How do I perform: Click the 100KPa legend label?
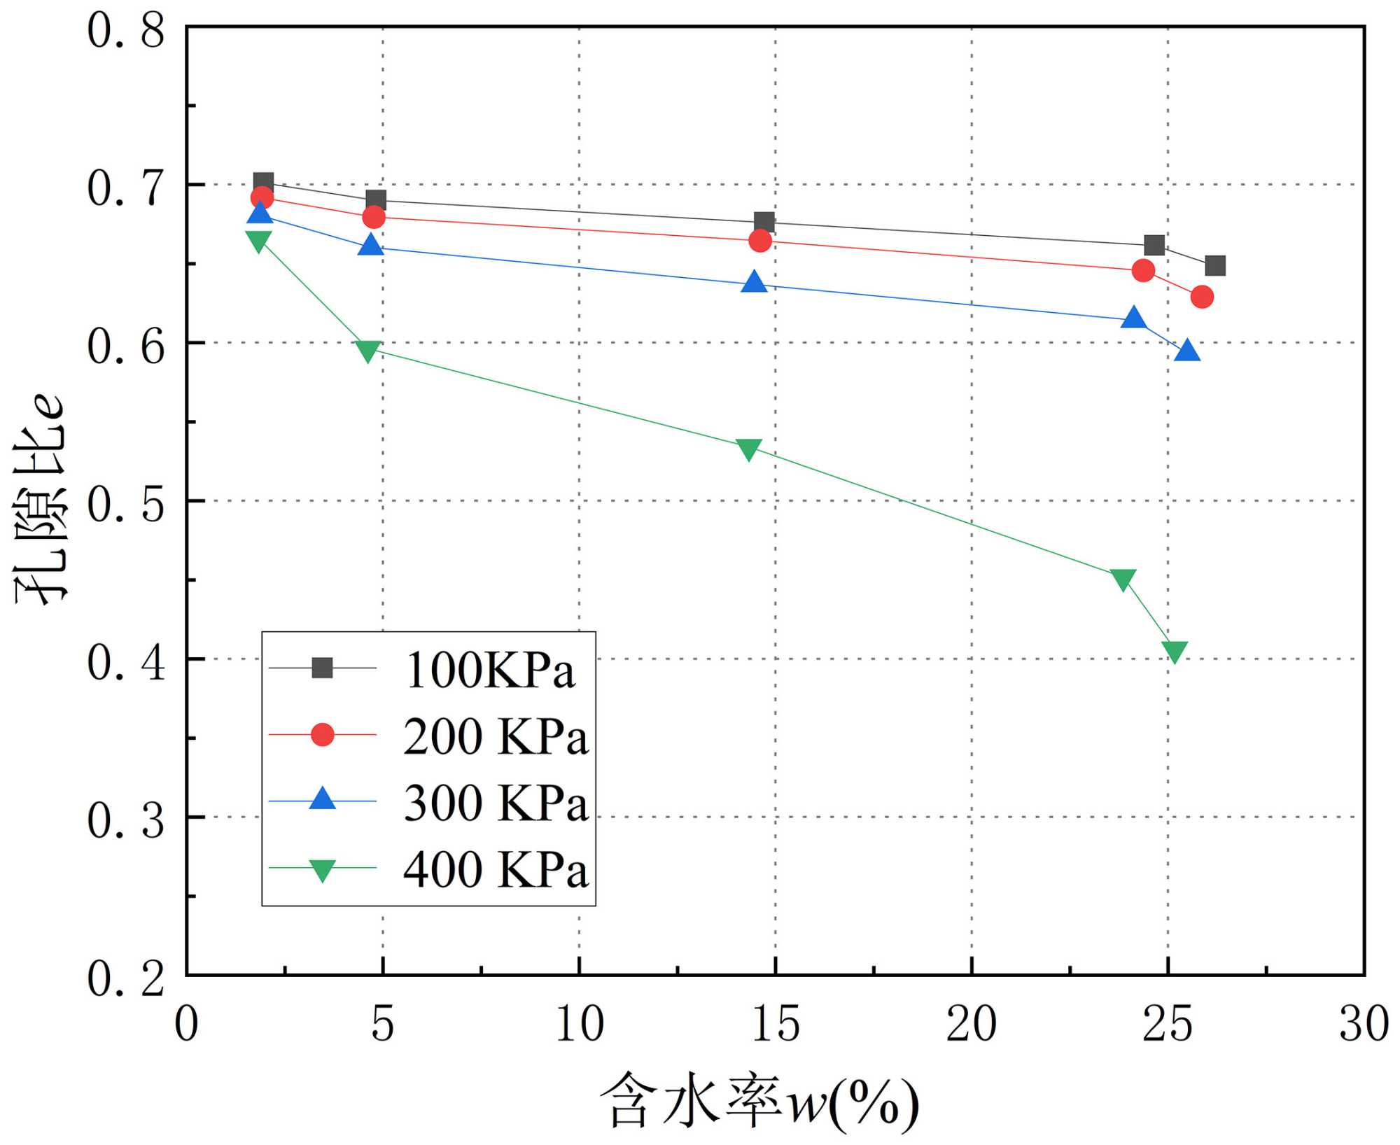489,670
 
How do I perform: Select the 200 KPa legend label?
496,736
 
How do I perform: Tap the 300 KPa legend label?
496,802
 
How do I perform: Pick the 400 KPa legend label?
496,869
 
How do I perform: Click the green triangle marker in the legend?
322,869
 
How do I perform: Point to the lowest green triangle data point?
1175,651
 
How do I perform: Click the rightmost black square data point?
1215,266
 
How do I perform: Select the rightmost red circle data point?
1202,297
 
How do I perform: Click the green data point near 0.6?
368,350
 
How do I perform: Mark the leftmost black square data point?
263,183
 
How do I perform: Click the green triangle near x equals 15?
749,449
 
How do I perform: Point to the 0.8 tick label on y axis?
126,31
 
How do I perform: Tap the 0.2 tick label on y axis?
126,978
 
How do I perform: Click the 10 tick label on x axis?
579,1025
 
